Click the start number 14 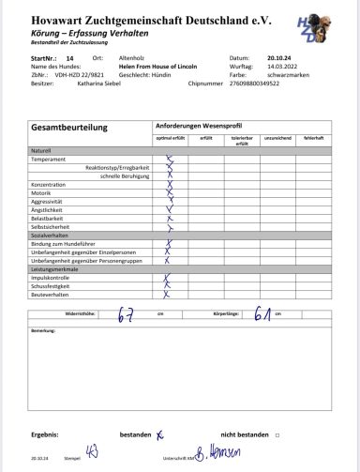(69, 58)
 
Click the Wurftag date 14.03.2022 (281, 67)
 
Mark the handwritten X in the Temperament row (170, 159)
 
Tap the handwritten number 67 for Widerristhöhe (124, 315)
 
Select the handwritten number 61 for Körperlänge (262, 315)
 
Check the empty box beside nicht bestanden (278, 435)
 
